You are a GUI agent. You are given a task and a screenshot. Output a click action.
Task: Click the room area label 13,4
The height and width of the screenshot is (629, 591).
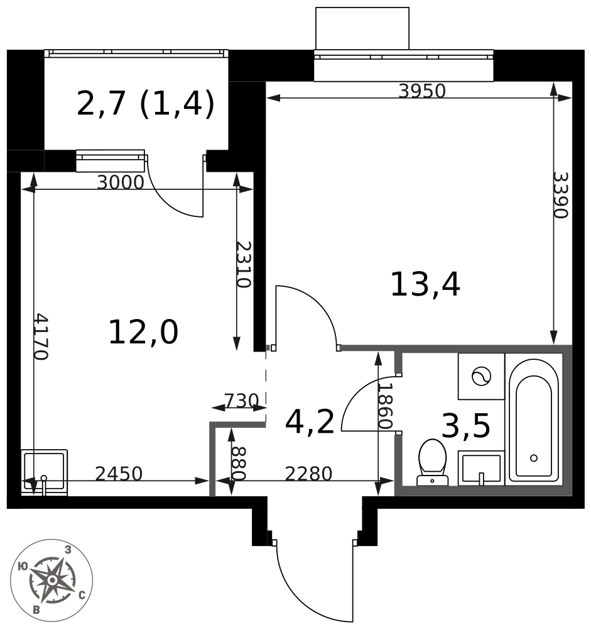425,285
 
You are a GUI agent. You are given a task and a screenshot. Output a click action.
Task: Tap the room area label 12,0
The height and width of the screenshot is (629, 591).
143,333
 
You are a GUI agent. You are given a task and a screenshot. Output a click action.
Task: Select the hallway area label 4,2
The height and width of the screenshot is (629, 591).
310,422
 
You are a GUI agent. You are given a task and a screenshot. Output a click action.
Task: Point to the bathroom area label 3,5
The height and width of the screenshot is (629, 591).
466,426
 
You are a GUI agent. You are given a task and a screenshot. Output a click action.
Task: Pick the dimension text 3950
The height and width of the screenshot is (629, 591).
422,92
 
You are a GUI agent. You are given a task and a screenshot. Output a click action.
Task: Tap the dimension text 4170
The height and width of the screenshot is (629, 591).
40,336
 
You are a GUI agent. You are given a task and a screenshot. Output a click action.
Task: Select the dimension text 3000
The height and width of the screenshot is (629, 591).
121,183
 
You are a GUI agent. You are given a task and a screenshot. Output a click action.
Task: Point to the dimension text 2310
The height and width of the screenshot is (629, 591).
243,264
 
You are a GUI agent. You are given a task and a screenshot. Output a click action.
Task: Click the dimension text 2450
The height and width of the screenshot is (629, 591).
119,474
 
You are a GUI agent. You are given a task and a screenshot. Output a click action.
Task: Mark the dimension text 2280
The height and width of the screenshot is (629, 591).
308,474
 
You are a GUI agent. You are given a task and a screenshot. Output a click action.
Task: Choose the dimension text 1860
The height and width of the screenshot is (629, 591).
386,406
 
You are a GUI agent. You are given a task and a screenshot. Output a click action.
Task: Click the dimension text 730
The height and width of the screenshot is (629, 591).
241,401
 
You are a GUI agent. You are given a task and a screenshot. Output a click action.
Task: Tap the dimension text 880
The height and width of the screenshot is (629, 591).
238,463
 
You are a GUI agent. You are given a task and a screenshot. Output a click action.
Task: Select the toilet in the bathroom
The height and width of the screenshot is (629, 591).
432,462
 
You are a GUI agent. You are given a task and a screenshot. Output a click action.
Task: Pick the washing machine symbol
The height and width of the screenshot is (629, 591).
481,376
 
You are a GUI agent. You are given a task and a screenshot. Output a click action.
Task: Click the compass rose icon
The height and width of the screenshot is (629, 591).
52,580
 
